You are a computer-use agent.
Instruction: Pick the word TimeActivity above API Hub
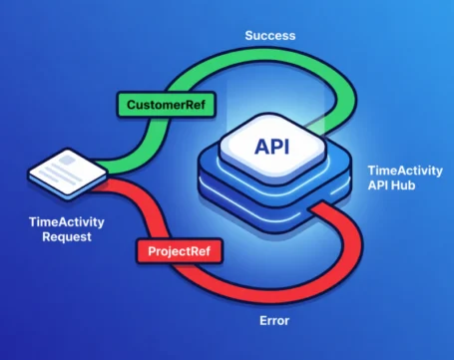[404, 171]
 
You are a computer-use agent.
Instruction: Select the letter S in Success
[249, 35]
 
